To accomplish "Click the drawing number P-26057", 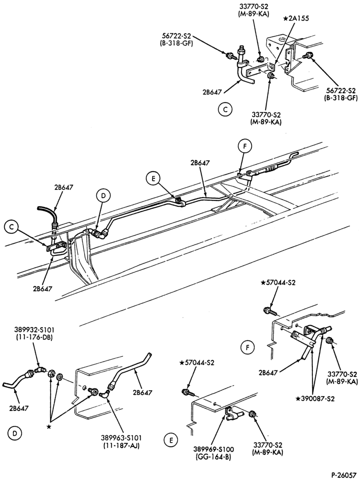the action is [x=343, y=475].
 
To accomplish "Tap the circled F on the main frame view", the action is [x=244, y=147].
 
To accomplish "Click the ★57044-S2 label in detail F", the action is [x=278, y=283].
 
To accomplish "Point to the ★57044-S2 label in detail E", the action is [x=197, y=363].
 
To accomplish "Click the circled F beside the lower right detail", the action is [x=248, y=348].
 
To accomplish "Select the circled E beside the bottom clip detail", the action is [x=171, y=441].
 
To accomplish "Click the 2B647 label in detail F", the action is [x=269, y=373].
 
